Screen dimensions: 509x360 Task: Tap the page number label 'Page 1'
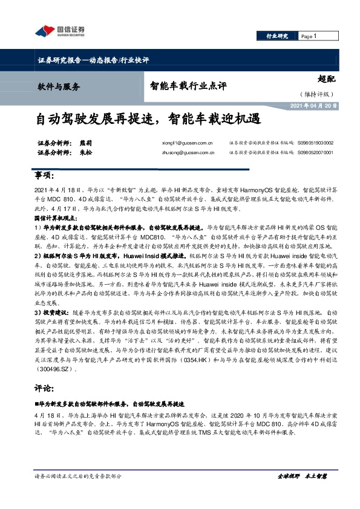click(309, 36)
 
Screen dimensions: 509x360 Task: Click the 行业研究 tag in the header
click(277, 36)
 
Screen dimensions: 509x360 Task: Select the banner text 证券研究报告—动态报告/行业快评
click(90, 60)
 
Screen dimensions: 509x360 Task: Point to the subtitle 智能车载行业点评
click(188, 86)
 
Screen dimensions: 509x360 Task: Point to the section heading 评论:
click(44, 372)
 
